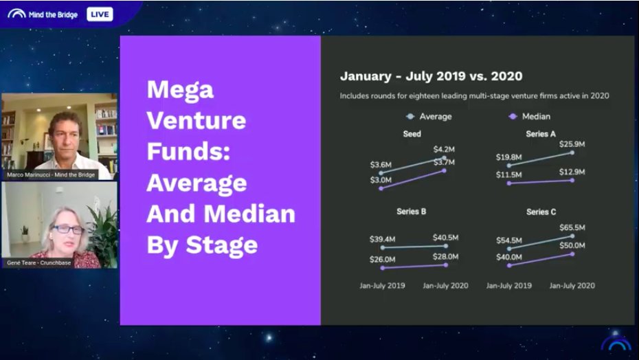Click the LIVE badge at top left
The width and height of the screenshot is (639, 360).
point(100,14)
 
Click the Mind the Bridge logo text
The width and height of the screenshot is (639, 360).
point(53,14)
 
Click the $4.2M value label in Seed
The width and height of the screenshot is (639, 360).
point(444,149)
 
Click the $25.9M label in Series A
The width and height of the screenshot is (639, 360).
point(572,144)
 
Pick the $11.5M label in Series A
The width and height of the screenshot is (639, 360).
point(508,175)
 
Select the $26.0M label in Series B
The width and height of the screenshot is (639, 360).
point(383,259)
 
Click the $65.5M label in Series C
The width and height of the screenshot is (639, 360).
point(572,227)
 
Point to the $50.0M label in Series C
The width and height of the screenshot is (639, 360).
point(572,245)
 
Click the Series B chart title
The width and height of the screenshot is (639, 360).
point(412,212)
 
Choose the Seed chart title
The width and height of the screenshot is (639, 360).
point(412,134)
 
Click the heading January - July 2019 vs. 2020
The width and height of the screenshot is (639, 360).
point(431,76)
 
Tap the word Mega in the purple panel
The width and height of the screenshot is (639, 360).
point(180,89)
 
